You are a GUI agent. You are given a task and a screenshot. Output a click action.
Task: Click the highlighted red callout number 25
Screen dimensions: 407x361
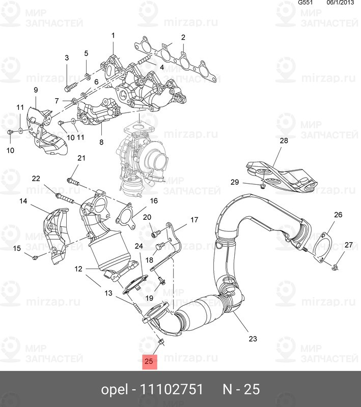149,362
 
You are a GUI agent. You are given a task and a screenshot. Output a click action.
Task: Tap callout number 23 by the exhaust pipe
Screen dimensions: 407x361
253,338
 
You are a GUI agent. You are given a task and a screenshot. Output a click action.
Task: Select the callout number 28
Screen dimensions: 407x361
284,141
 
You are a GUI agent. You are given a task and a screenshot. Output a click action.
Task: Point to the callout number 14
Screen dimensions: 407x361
23,201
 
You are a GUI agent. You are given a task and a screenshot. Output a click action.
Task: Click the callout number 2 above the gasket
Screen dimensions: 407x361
183,37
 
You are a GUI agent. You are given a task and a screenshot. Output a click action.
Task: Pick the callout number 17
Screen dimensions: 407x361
194,220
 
